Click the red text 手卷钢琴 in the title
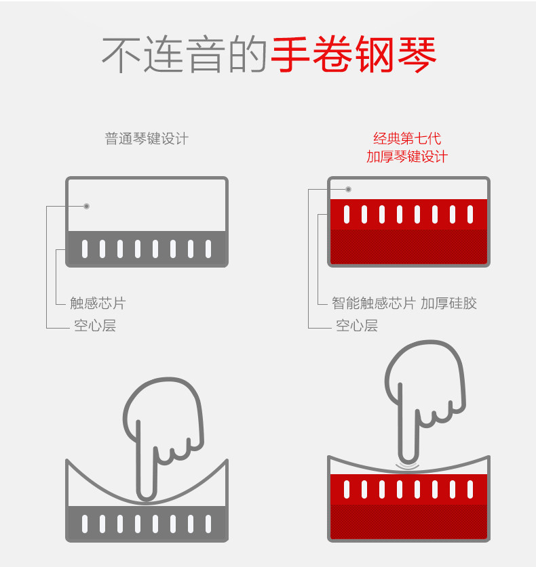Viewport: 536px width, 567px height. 353,54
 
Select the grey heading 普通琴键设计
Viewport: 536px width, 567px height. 147,139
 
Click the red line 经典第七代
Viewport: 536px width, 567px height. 407,139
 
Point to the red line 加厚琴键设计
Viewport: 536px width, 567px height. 407,156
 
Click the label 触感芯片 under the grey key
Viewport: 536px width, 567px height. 98,303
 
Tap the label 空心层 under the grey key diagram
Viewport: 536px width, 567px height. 95,326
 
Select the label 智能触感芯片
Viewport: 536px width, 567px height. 373,303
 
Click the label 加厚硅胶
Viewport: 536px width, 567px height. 448,303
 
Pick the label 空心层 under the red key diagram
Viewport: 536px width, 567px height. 357,326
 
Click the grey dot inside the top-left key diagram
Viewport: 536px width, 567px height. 86,206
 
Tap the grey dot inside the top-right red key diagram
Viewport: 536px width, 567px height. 348,189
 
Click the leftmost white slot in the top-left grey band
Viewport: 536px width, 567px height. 85,249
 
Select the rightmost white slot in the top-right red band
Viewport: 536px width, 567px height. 470,214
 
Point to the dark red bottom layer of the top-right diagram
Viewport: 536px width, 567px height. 408,247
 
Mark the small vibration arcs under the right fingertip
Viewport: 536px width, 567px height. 408,466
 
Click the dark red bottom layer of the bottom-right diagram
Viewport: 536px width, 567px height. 408,522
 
